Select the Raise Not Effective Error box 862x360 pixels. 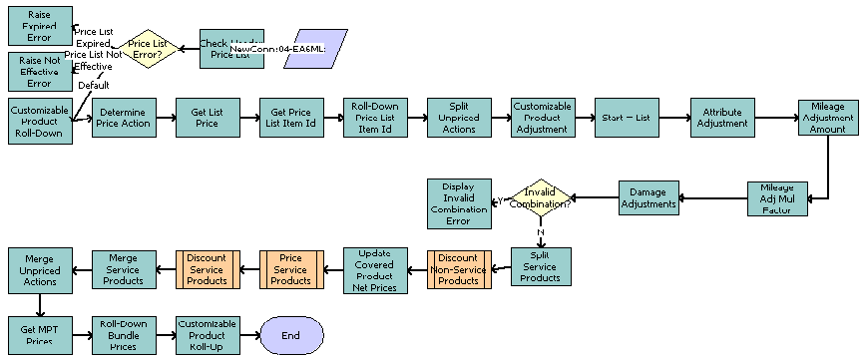coord(40,72)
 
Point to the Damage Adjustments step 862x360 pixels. coord(649,197)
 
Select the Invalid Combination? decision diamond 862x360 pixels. coord(539,197)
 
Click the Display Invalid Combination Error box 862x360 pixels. coord(458,203)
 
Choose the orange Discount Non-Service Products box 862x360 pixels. coord(458,269)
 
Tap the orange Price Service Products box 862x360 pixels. coord(290,269)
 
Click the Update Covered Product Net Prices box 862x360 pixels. coord(374,269)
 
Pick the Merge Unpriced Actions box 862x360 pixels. coord(40,269)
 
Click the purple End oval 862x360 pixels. coord(290,335)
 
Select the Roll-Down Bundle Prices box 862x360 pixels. coord(124,335)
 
